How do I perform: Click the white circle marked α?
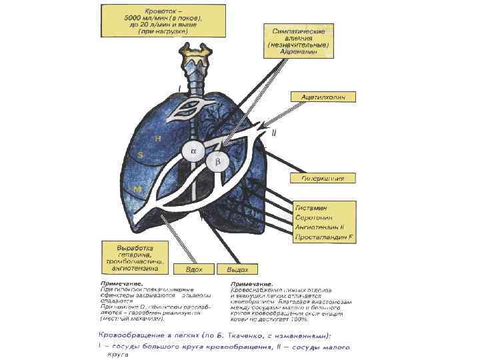194,151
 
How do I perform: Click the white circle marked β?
217,162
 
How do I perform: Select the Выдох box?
237,269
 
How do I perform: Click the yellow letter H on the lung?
158,138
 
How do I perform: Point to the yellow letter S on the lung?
140,155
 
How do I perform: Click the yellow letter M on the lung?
137,190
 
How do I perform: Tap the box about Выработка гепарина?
134,256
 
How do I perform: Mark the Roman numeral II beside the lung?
274,133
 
